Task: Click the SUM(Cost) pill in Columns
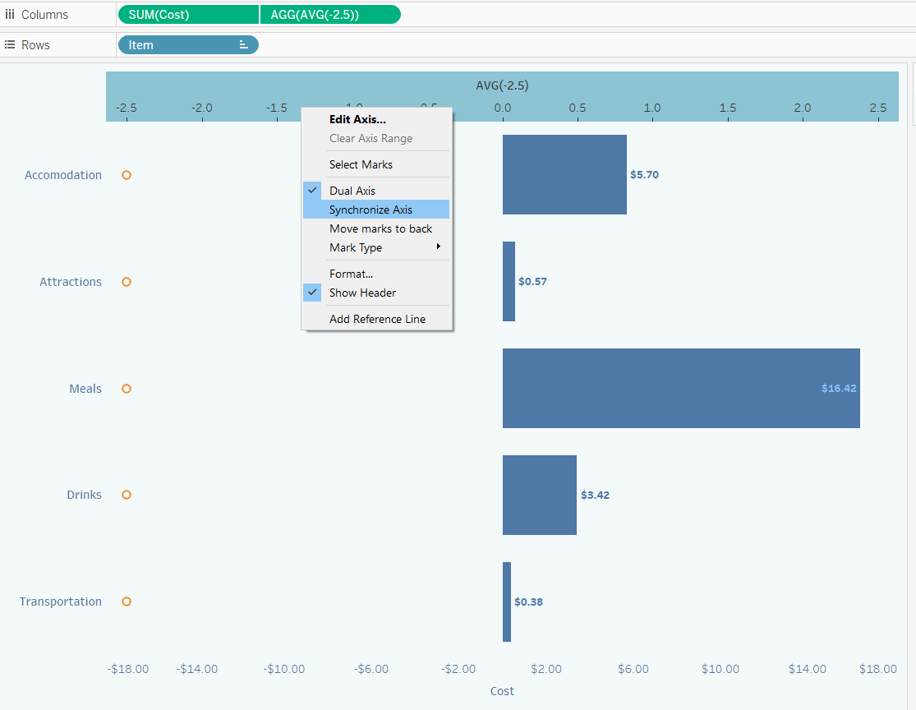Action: pos(188,15)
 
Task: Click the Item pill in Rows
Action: pos(187,45)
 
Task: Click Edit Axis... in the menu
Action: pos(357,119)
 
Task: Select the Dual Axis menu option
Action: pos(352,191)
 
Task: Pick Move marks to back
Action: pos(380,228)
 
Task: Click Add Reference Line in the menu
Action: pos(377,319)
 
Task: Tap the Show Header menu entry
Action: pos(362,293)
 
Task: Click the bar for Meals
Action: pos(680,388)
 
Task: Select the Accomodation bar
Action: pos(564,174)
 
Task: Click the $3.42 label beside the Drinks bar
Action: pos(595,496)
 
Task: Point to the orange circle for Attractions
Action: pos(127,282)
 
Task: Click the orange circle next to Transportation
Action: pos(127,602)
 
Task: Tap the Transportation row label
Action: pos(61,602)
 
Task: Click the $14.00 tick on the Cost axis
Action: pos(807,669)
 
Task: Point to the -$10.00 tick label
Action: pos(284,669)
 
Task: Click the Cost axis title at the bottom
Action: pos(502,691)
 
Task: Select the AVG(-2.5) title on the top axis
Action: pos(502,85)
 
